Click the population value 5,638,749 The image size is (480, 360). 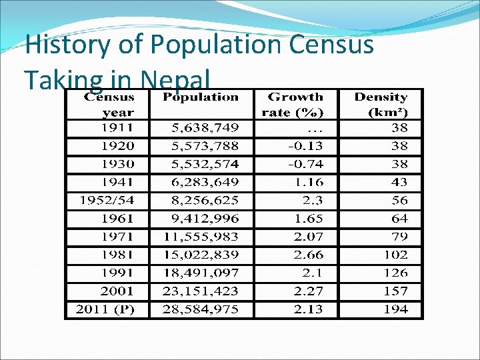[x=201, y=127]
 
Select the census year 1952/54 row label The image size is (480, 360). [x=106, y=200]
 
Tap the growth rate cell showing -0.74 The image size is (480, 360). [x=305, y=164]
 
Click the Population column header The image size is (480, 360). [x=201, y=97]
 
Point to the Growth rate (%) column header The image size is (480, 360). [x=295, y=105]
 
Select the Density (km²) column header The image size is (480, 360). [x=381, y=105]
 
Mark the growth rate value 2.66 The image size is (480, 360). [x=309, y=255]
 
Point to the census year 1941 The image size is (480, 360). [x=117, y=182]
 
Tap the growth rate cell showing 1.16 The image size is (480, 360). [x=309, y=182]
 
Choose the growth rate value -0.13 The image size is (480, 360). [x=305, y=145]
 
